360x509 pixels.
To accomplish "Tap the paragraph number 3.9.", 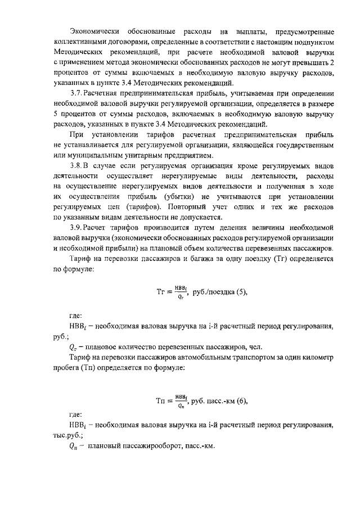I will point(75,227).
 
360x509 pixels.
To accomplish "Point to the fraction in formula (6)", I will point(181,402).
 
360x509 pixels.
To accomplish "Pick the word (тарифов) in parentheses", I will point(136,207).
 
